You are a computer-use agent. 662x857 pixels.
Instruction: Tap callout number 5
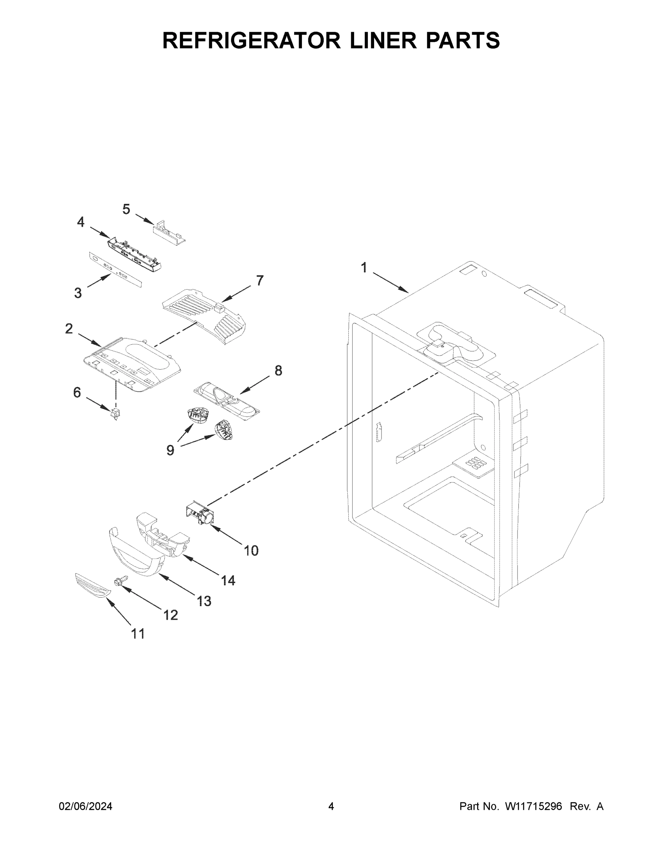126,209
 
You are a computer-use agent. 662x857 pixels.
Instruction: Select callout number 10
251,551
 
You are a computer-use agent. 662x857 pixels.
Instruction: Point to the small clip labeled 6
115,414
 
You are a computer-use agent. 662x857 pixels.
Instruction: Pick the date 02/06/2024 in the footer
86,806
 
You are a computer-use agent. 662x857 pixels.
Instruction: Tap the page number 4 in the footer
331,806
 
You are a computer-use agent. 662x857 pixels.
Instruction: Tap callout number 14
228,580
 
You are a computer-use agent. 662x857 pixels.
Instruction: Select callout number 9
170,450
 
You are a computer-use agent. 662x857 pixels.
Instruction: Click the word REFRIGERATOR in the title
251,40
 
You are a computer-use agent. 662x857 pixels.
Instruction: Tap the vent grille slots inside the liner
475,463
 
